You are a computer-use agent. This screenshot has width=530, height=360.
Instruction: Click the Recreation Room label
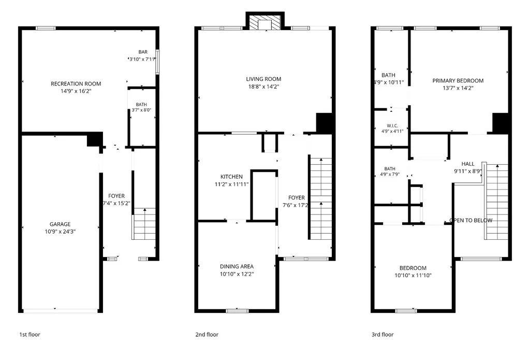coord(76,83)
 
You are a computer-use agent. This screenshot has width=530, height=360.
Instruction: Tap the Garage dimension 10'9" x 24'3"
coord(60,232)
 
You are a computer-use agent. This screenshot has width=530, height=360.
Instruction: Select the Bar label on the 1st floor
coord(143,52)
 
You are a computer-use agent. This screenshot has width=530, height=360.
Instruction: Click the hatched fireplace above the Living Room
coord(264,22)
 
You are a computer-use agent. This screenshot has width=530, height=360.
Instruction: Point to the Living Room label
coord(263,79)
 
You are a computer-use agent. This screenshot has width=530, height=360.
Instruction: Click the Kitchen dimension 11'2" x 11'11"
coord(231,184)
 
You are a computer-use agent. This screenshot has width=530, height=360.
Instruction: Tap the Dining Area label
coord(237,266)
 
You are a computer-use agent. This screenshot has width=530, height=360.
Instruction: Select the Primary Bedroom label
coord(458,80)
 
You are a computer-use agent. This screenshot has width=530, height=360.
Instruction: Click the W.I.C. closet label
coord(392,125)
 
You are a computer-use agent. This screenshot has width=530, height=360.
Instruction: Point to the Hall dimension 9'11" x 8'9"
coord(468,171)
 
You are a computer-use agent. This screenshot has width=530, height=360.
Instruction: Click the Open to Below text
coord(471,220)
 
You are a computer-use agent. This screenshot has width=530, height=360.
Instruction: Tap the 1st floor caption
coord(30,334)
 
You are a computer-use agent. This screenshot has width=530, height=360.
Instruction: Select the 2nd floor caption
coord(207,334)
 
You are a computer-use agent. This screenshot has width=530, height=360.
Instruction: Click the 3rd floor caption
coord(382,334)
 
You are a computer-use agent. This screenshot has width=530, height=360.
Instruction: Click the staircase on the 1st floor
coord(144,224)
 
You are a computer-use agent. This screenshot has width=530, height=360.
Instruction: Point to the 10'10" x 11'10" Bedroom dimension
coord(413,276)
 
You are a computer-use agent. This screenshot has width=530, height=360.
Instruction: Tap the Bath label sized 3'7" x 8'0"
coord(141,105)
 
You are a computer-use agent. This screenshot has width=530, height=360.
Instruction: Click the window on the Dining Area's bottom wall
coord(237,311)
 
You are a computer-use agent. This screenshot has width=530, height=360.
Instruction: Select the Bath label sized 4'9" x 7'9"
coord(390,168)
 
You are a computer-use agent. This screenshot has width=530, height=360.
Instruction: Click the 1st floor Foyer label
coord(116,196)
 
